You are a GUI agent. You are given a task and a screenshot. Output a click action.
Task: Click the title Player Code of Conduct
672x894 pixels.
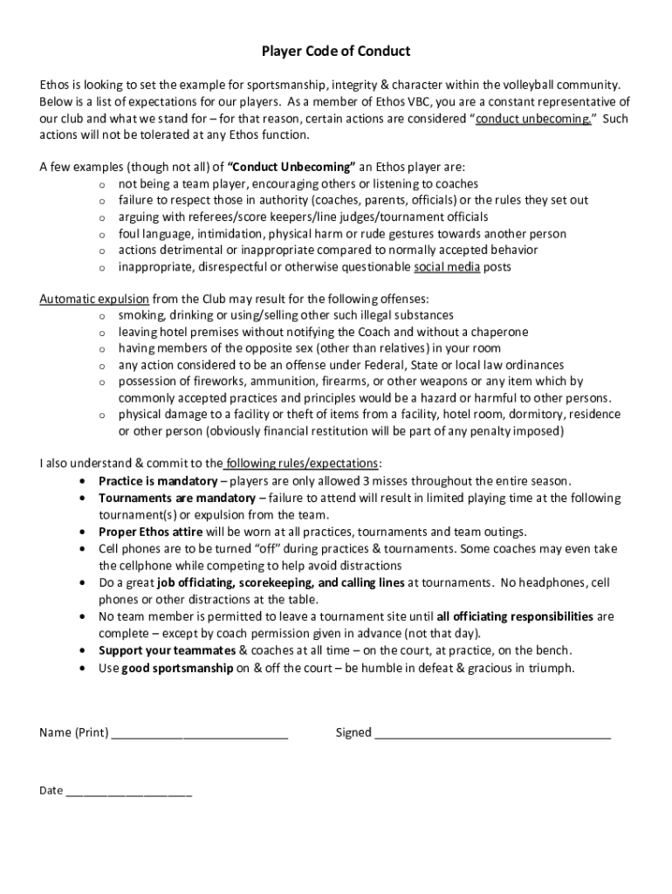336,52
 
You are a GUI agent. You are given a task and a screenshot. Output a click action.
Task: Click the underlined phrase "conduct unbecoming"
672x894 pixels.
533,119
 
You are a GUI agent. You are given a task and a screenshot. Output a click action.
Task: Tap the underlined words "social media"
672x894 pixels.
447,267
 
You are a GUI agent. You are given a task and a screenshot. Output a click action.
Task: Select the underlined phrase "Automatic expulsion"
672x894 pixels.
93,299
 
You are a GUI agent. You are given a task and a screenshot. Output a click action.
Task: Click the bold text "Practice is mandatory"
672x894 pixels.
157,481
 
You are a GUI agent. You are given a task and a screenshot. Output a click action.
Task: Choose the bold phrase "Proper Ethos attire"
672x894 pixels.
150,532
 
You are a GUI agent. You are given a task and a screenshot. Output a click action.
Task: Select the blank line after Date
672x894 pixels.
128,792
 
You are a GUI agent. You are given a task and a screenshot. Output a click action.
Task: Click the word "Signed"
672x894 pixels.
353,732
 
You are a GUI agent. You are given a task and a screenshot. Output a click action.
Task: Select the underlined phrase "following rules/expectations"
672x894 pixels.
303,463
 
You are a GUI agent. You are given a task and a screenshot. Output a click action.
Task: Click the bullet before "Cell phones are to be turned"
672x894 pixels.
81,549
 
